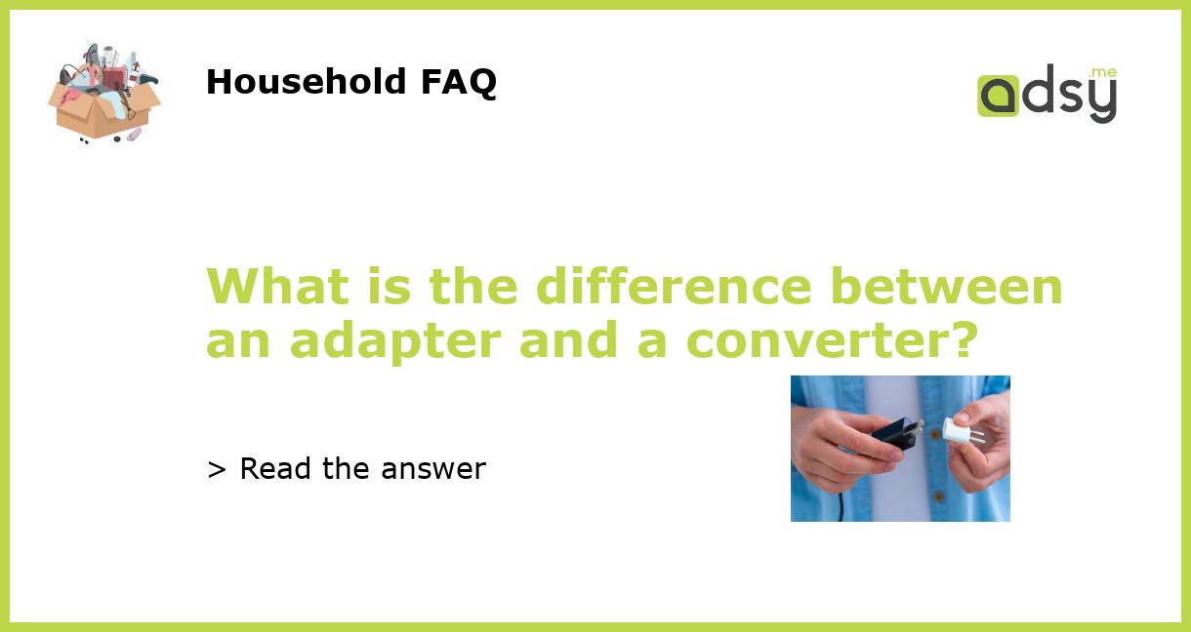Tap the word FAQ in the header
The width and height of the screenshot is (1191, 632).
click(458, 82)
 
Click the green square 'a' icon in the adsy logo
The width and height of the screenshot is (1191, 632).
click(998, 96)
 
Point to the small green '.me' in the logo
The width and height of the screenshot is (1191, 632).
click(1102, 72)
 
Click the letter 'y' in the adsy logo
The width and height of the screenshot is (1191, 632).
click(1100, 99)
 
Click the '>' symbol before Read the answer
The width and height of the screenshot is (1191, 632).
click(217, 470)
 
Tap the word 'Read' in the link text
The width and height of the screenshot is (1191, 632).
click(276, 469)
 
